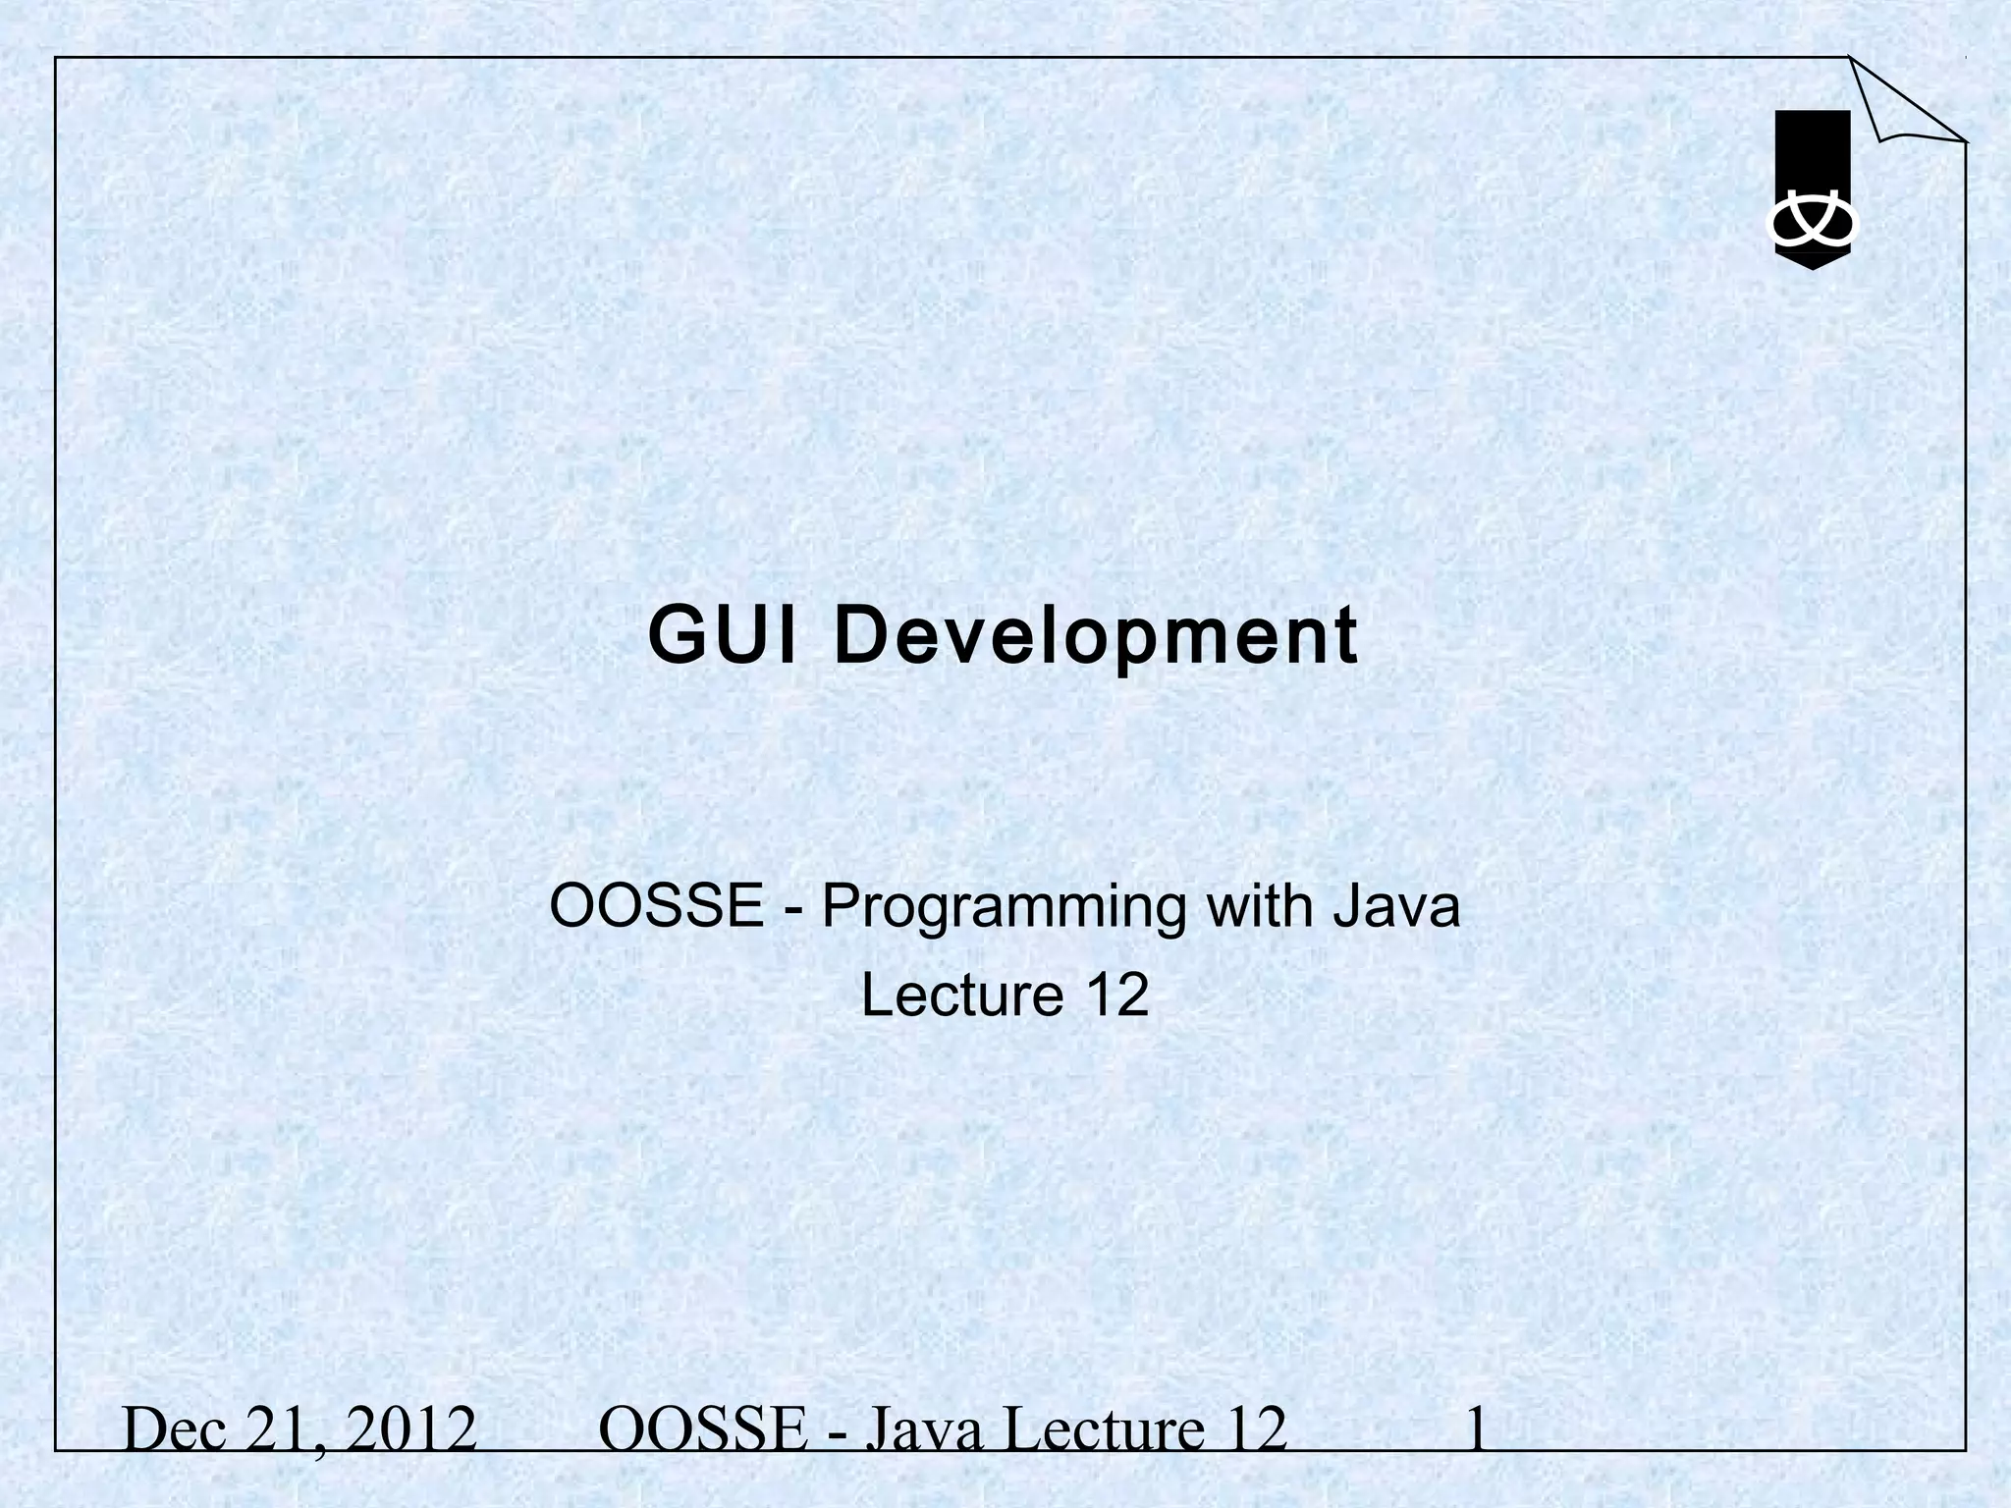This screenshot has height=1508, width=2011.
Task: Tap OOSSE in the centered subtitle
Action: pyautogui.click(x=656, y=905)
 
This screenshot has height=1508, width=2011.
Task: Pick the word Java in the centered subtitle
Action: pyautogui.click(x=1396, y=905)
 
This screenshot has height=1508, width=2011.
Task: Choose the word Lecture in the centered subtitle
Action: pyautogui.click(x=962, y=995)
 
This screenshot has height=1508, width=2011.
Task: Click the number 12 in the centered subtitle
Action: pyautogui.click(x=1117, y=995)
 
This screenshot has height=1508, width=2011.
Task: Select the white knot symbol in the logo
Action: pyautogui.click(x=1813, y=224)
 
